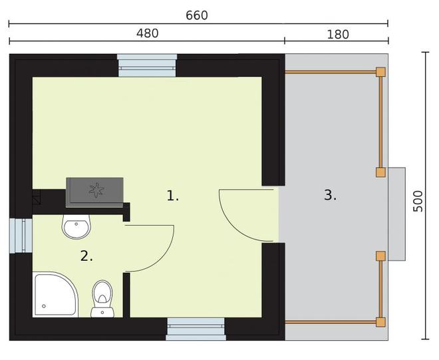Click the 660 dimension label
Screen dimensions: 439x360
coord(196,15)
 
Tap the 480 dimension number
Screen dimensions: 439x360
coord(147,33)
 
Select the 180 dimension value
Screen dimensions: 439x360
coord(338,35)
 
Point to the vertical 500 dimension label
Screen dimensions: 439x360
coord(418,201)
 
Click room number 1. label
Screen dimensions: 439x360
coord(172,196)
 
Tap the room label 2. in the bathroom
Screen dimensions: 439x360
coord(86,256)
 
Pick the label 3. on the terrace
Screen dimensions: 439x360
coord(331,195)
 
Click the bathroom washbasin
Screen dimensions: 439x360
coord(76,227)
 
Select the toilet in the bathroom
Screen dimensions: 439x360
coord(102,299)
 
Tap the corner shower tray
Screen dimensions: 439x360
coord(55,294)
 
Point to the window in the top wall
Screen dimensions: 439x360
coord(147,65)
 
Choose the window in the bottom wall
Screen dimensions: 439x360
coord(196,329)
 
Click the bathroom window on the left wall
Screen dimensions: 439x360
coord(21,236)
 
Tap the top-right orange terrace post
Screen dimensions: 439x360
coord(380,72)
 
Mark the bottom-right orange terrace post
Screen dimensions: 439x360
coord(380,322)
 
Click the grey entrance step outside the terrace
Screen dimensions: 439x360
coord(396,214)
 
